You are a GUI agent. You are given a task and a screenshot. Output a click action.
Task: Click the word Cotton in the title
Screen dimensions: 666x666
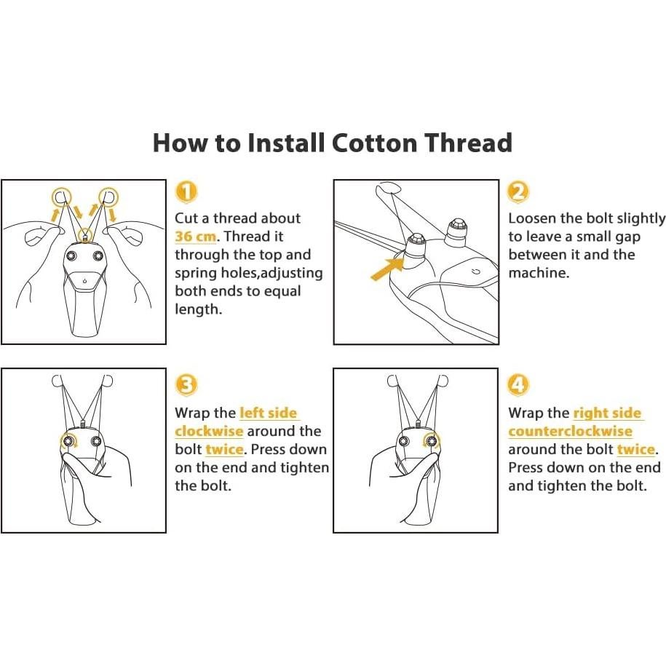375,143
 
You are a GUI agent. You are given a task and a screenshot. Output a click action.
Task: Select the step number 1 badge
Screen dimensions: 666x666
186,191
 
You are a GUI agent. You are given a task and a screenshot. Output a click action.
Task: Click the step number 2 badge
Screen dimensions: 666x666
519,191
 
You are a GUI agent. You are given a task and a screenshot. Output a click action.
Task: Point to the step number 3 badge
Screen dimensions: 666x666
186,385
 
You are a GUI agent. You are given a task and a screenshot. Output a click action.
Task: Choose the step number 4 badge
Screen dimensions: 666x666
519,385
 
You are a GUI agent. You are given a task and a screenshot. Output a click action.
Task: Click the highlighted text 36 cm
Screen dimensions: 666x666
196,236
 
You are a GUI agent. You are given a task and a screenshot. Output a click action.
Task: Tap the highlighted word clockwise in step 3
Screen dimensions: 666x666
209,431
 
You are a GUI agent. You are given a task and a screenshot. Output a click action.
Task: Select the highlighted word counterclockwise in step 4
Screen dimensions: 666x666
571,431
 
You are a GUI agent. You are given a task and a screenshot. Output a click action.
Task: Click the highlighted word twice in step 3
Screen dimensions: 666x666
225,449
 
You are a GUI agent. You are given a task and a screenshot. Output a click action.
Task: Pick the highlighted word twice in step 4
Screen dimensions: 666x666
636,449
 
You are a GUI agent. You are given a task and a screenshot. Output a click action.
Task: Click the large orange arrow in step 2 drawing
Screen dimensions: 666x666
388,269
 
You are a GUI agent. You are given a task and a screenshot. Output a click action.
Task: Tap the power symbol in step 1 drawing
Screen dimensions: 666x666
85,281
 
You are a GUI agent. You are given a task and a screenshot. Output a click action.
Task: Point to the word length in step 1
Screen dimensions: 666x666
198,309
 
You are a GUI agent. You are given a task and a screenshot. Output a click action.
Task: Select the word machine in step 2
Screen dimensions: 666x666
538,273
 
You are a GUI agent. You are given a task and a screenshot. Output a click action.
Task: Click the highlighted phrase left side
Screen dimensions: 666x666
269,413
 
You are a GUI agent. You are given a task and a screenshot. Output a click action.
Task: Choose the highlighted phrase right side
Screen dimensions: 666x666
607,413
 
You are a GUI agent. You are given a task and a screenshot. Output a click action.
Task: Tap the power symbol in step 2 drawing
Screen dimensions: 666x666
476,271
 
